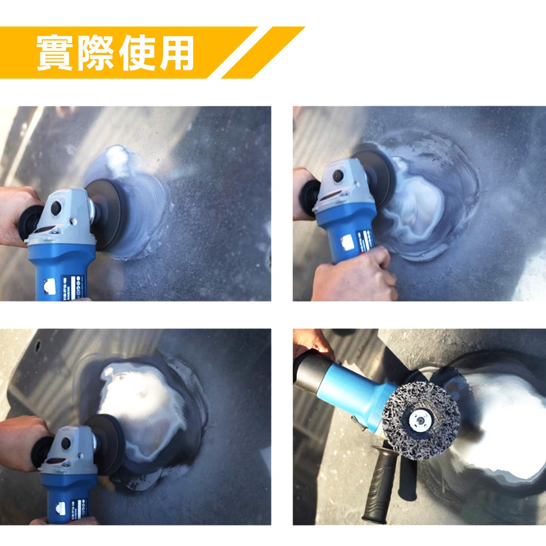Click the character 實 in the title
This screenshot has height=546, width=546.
point(55,53)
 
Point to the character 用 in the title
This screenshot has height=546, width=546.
point(176,53)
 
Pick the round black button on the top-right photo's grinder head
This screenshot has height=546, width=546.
point(339,176)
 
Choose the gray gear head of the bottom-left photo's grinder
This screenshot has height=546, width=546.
point(71,448)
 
